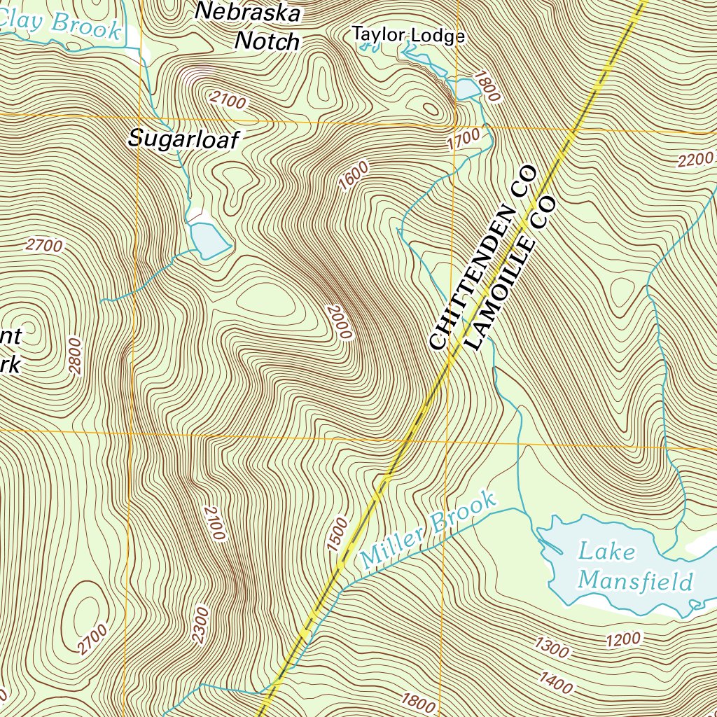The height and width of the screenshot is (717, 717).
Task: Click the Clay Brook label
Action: tap(59, 25)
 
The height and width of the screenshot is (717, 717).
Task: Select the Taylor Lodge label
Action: tap(408, 34)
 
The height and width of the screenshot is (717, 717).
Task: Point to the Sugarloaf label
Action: tap(183, 139)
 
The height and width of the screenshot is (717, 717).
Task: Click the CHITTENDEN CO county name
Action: tap(482, 257)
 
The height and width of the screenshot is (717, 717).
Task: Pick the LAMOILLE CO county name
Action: tap(510, 273)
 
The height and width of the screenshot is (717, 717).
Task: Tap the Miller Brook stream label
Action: tap(429, 529)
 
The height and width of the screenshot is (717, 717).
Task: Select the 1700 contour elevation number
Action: tap(464, 139)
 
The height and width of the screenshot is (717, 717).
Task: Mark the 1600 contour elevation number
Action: tap(353, 176)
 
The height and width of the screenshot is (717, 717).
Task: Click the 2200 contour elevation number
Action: tap(695, 160)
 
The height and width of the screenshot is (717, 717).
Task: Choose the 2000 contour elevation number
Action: tap(338, 322)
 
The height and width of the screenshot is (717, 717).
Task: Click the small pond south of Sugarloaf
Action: tap(209, 239)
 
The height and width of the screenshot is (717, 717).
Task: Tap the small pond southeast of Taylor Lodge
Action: tap(466, 89)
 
